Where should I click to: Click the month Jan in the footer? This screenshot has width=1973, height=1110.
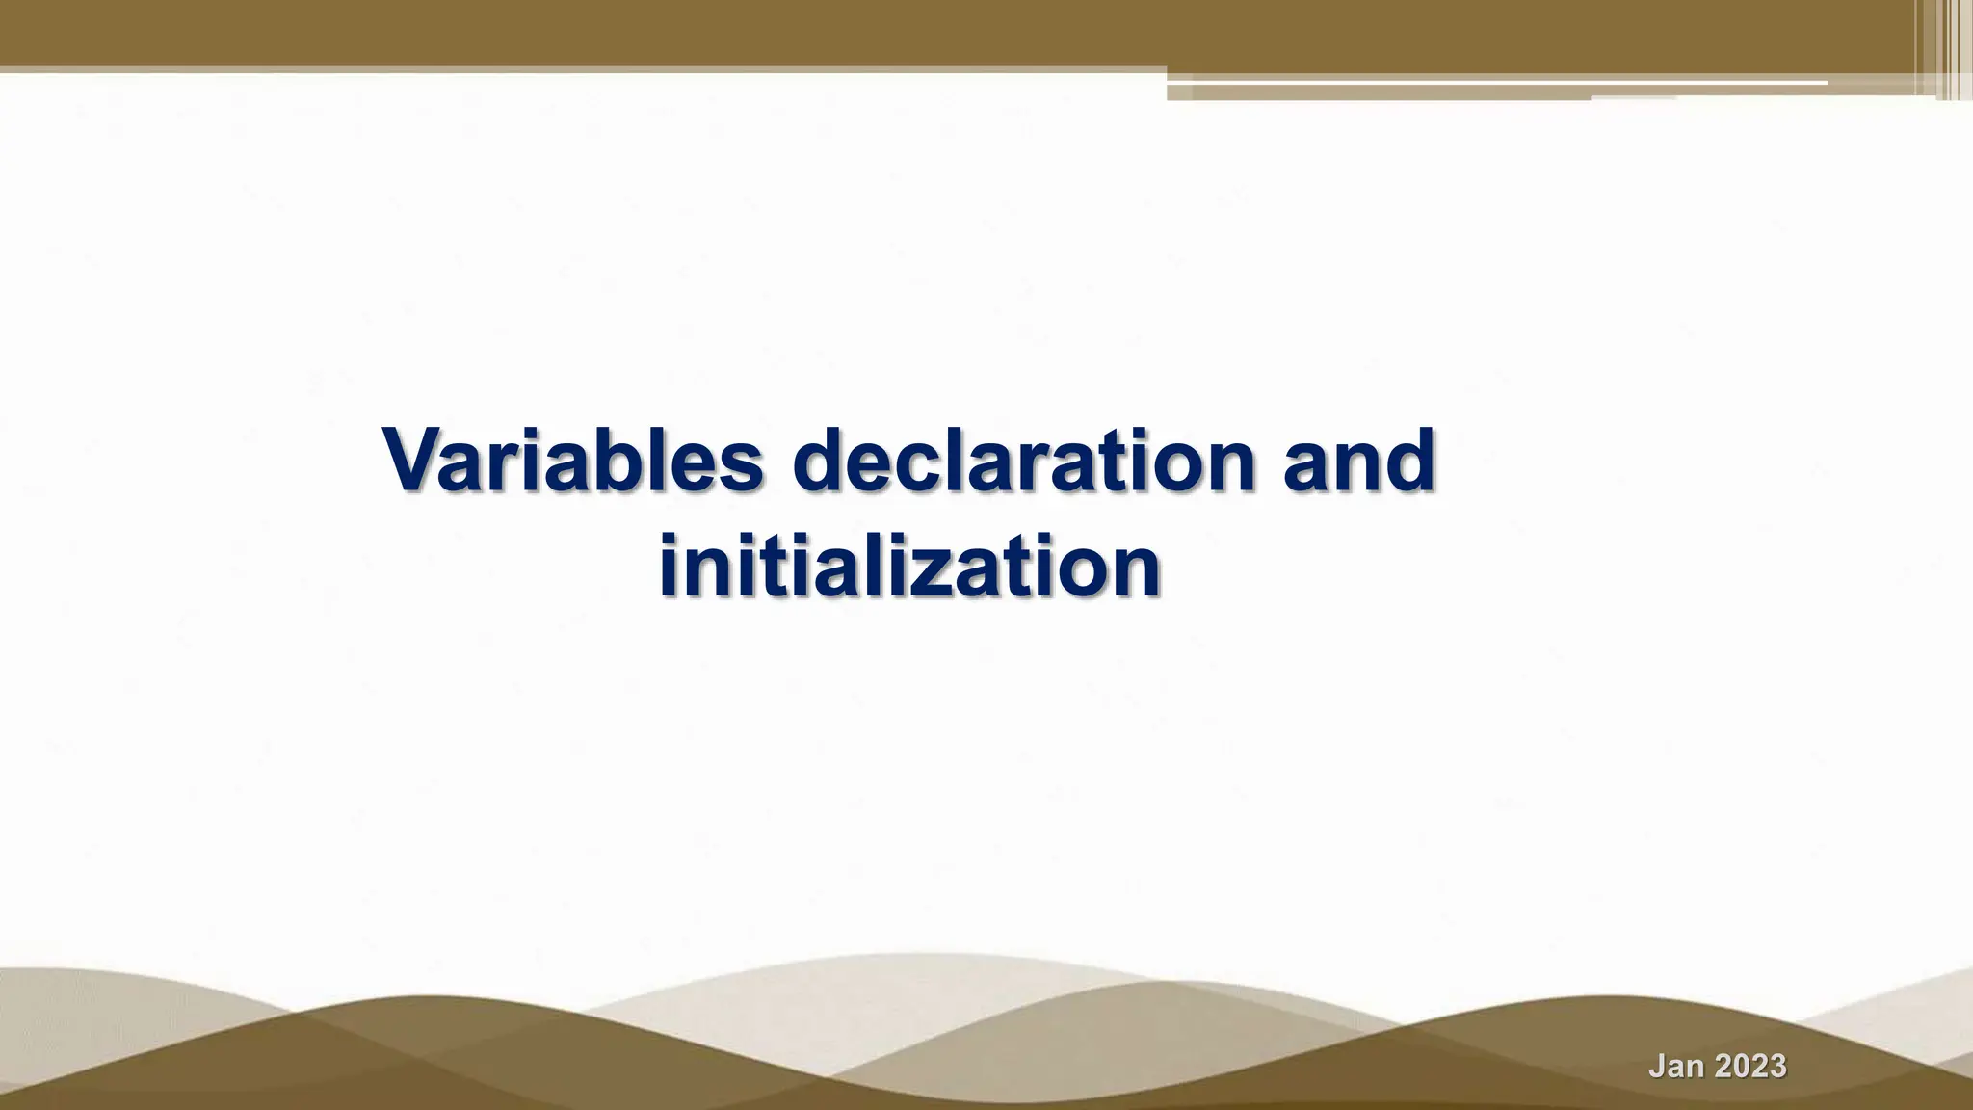pyautogui.click(x=1678, y=1067)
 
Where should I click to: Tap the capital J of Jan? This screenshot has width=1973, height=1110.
pyautogui.click(x=1659, y=1067)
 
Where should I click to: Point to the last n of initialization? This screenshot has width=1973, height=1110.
pyautogui.click(x=1134, y=568)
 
